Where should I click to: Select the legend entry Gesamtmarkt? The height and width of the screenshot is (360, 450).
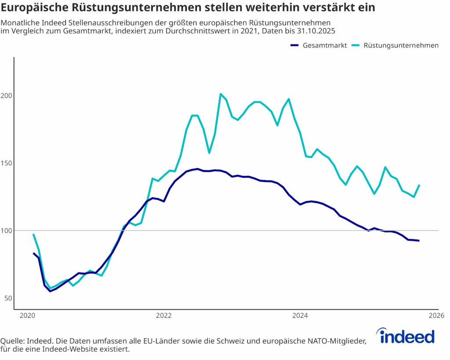(x=325, y=45)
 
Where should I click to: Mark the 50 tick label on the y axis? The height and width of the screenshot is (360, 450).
(x=7, y=298)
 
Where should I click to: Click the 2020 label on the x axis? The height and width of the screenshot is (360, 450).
(x=27, y=316)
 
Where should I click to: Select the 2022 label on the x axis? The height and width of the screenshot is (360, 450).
(x=163, y=316)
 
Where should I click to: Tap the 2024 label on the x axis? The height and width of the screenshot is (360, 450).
(x=300, y=316)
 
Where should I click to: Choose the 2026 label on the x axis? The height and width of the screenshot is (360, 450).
(x=436, y=316)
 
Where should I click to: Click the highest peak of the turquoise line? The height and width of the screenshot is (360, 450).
(x=221, y=94)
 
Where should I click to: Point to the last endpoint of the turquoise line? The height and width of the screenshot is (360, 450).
(x=419, y=185)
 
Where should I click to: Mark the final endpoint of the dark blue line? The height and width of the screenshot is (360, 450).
(x=419, y=240)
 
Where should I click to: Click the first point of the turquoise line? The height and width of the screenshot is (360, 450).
(x=33, y=234)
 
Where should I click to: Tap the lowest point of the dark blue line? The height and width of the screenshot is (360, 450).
(x=50, y=291)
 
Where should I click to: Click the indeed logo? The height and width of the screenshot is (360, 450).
(x=407, y=336)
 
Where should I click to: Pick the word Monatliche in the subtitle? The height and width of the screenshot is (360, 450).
(x=19, y=22)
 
